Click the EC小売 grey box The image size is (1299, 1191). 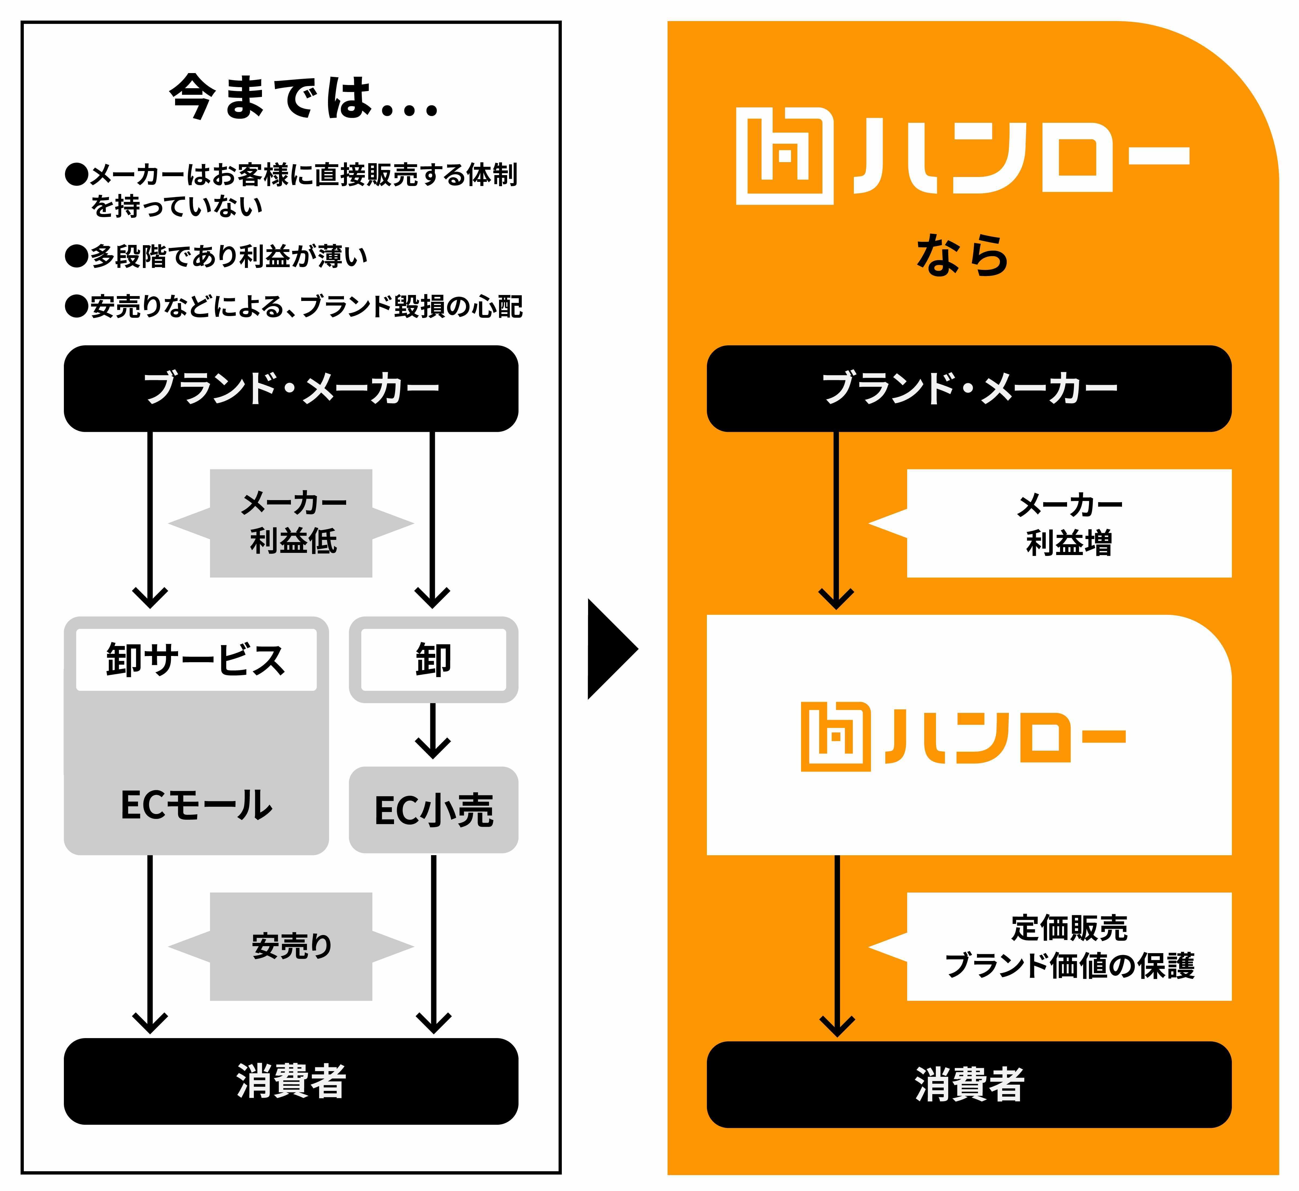434,810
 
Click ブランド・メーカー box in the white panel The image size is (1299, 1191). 291,389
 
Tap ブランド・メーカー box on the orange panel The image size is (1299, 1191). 969,389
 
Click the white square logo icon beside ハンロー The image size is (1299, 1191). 785,156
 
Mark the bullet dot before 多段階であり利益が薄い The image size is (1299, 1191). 77,256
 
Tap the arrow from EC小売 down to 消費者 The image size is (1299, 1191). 434,944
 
